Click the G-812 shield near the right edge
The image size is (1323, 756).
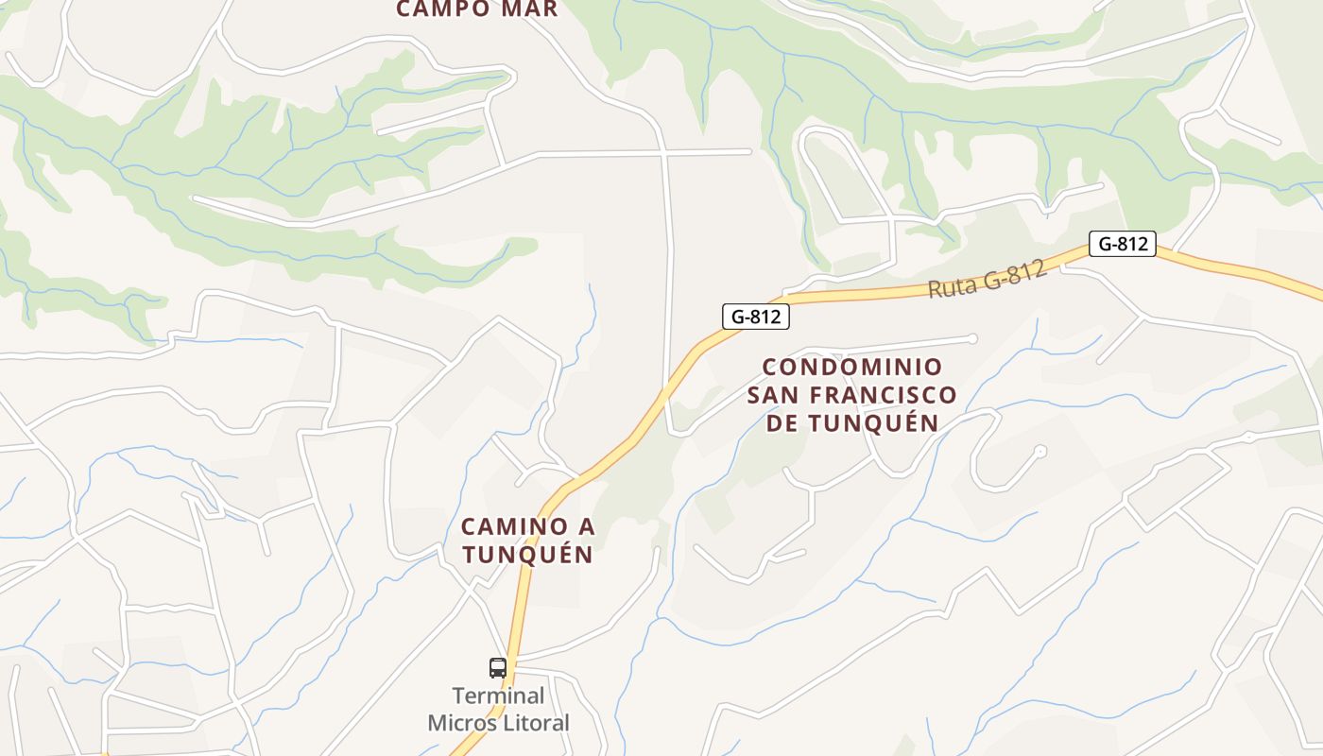(1123, 244)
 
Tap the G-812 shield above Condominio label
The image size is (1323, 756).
(756, 317)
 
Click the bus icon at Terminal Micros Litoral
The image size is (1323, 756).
(498, 668)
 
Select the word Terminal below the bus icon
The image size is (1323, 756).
(498, 696)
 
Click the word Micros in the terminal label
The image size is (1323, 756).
(460, 724)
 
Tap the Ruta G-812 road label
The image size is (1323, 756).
(987, 280)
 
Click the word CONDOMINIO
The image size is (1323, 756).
(851, 366)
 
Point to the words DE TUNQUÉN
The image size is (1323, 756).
(851, 422)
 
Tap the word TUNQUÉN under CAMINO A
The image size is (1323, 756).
(527, 555)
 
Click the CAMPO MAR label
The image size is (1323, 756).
(477, 9)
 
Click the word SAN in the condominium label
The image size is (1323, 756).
(778, 394)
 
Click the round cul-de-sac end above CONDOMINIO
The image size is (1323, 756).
(972, 338)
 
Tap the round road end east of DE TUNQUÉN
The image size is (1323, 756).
(1040, 452)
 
